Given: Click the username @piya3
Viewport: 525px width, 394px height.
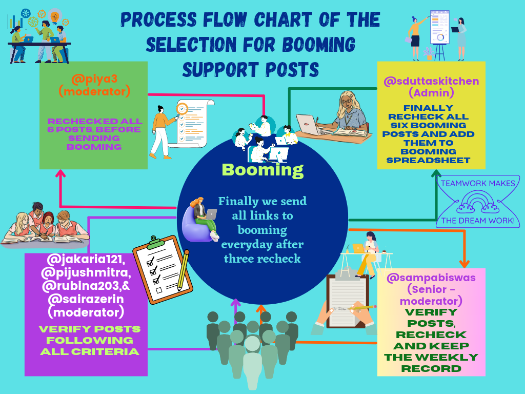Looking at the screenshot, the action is click(x=94, y=79).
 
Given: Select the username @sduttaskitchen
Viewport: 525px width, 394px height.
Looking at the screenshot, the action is click(x=431, y=81).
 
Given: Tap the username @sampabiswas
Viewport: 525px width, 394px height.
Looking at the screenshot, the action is click(x=431, y=278).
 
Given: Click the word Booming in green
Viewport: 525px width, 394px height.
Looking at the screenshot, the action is click(x=262, y=170).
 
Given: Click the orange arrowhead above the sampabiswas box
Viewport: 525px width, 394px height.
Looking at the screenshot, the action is click(x=464, y=264).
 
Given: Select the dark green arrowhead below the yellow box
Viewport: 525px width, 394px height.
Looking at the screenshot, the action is click(x=436, y=173).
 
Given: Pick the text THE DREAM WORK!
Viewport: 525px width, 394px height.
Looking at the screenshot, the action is click(x=478, y=221).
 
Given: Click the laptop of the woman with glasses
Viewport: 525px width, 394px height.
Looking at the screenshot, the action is click(x=308, y=124).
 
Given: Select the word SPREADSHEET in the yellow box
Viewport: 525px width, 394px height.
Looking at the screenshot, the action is click(x=428, y=161).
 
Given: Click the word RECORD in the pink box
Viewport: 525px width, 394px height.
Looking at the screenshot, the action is click(x=431, y=369).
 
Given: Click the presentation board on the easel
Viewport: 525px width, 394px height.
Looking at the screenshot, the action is click(x=439, y=28).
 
